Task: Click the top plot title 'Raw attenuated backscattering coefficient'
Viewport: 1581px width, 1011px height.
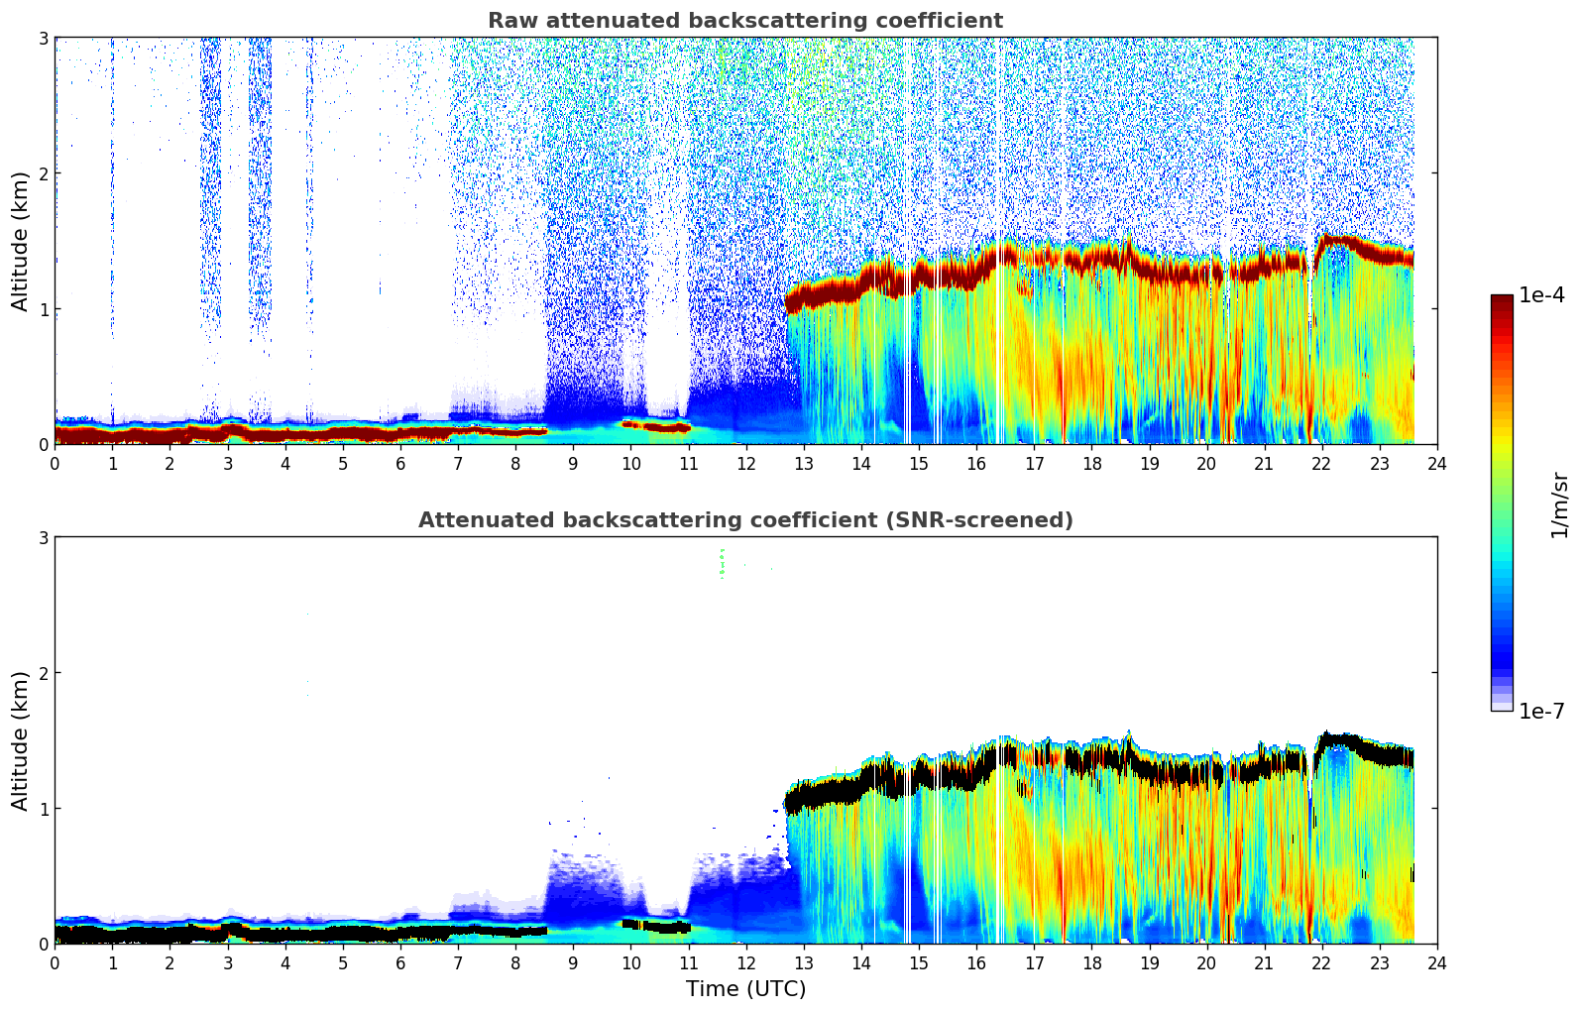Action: coord(744,21)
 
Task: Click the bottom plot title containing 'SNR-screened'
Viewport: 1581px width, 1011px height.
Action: coord(744,520)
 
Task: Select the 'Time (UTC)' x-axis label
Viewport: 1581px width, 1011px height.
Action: coord(745,989)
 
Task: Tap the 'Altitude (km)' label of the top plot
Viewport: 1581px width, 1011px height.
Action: coord(21,241)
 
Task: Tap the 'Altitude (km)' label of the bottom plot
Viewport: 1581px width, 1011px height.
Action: coord(21,740)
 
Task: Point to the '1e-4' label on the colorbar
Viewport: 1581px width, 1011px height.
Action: coord(1541,295)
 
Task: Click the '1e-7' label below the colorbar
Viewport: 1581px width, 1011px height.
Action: coord(1541,712)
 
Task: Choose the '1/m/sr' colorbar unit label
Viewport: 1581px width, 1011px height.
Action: coord(1559,505)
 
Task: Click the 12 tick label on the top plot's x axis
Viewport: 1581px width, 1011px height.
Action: coord(746,464)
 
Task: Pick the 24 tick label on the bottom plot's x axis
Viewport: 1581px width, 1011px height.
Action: coord(1437,963)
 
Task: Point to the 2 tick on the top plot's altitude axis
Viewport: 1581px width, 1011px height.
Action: coord(43,173)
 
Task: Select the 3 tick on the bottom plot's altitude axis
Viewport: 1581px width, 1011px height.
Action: coord(43,537)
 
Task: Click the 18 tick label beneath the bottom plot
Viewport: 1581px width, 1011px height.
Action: coord(1091,963)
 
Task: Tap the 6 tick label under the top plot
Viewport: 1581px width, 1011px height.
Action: coord(400,464)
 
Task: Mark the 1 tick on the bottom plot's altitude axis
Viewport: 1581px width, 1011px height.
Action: coord(43,809)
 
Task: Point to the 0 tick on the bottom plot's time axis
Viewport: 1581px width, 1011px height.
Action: coord(55,963)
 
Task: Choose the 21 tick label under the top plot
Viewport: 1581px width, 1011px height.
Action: coord(1264,464)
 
